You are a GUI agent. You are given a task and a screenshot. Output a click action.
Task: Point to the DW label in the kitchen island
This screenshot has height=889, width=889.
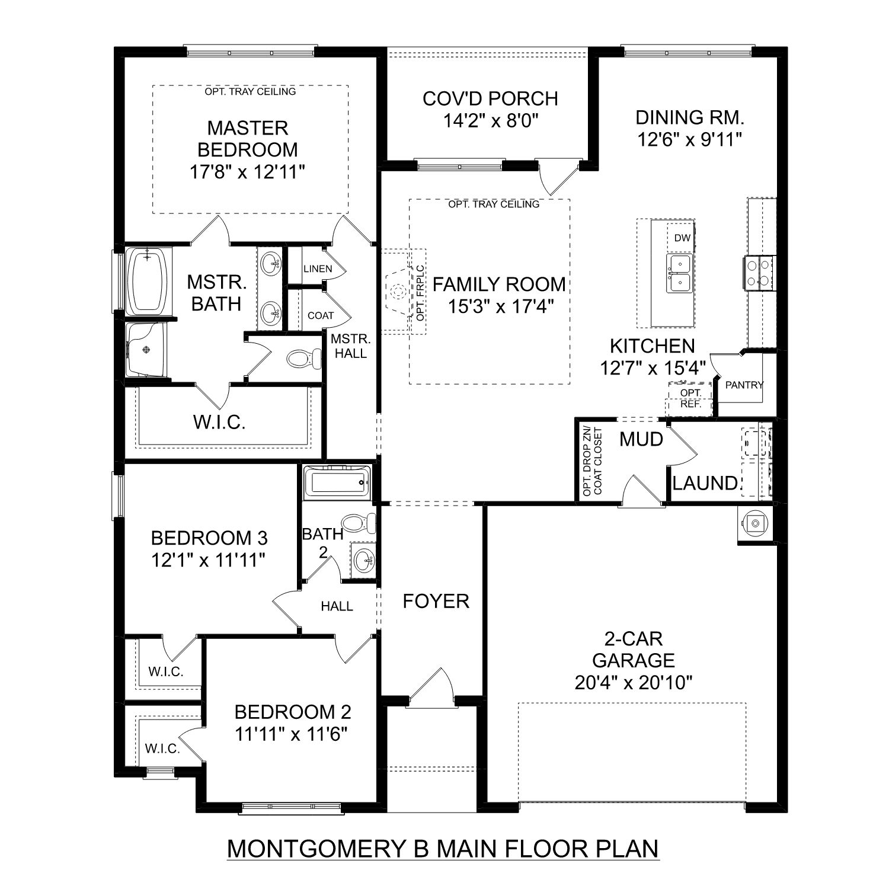tap(683, 238)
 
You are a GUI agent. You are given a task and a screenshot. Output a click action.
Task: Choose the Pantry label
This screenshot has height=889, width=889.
tap(744, 385)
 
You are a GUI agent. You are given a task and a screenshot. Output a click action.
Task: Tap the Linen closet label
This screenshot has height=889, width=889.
tap(318, 268)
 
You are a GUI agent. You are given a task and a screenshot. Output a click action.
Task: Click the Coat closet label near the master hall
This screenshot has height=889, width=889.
tap(321, 316)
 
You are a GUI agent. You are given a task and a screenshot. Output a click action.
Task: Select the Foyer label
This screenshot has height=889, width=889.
tap(436, 601)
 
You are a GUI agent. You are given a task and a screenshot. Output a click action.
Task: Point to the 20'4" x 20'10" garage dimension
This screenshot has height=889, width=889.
tap(634, 683)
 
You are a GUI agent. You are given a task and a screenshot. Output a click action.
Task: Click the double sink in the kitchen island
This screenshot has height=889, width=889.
tap(680, 274)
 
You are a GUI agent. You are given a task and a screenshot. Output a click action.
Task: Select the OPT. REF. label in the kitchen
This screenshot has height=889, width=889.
tap(690, 399)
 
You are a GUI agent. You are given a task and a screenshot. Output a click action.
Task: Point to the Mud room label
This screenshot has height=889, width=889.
tap(641, 439)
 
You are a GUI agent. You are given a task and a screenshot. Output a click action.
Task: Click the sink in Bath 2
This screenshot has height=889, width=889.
tap(362, 558)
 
